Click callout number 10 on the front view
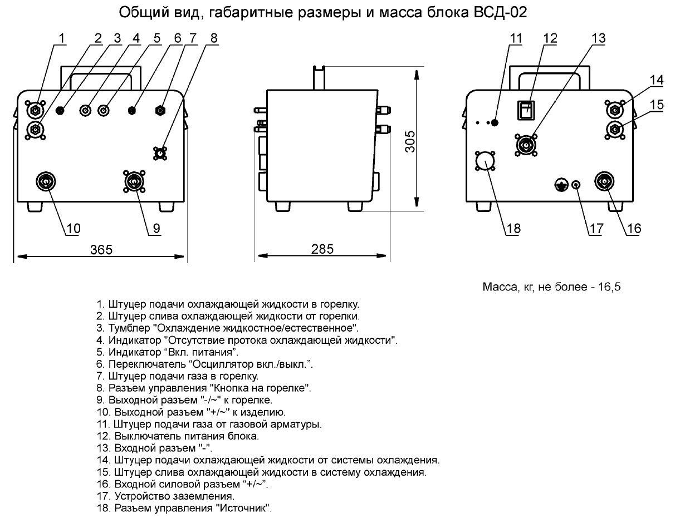click(74, 228)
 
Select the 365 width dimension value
click(101, 249)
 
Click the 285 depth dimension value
click(322, 249)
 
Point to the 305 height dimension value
click(410, 142)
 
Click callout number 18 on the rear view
click(513, 228)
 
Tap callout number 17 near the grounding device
click(595, 228)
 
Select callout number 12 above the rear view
click(550, 38)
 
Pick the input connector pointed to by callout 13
click(525, 144)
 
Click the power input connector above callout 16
click(604, 181)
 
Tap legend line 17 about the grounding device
click(165, 496)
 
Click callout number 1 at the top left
click(61, 38)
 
